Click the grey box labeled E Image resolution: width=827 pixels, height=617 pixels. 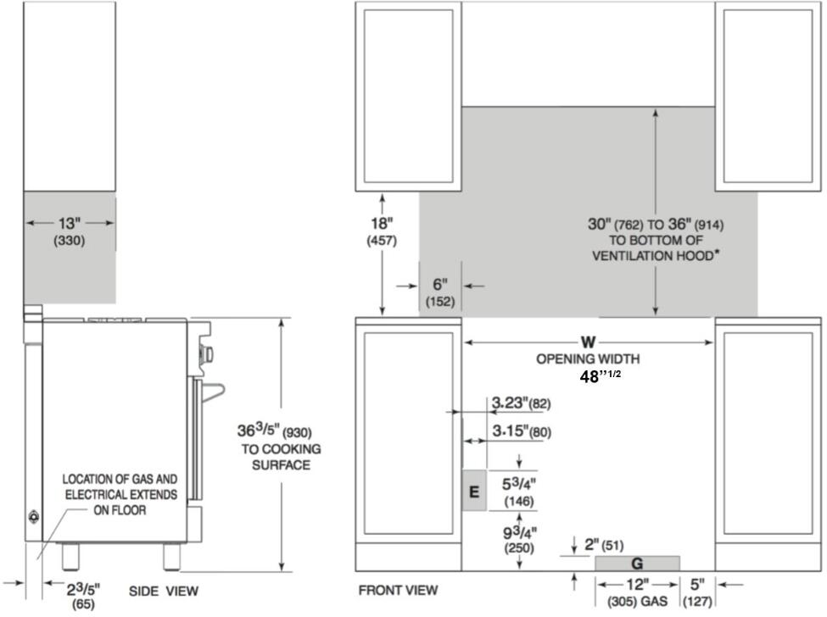[x=474, y=491]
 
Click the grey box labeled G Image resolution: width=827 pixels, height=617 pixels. [x=637, y=564]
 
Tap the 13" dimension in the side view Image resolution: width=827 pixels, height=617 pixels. [x=70, y=224]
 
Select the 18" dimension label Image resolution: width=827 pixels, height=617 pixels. [x=382, y=224]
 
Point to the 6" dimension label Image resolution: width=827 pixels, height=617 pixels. [x=440, y=285]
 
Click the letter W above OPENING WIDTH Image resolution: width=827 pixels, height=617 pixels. [x=588, y=342]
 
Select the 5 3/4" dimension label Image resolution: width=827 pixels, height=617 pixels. [x=519, y=483]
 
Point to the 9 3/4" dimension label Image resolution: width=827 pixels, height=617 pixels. [x=519, y=531]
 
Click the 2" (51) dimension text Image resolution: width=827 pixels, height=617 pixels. [x=604, y=544]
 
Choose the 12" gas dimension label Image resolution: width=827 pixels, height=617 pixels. [x=637, y=584]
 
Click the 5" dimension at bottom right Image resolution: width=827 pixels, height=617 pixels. [x=697, y=584]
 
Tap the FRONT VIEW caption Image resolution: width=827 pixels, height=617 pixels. [x=398, y=590]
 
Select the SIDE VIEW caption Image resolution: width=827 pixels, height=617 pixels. [x=164, y=592]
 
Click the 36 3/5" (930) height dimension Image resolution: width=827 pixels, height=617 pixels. [x=274, y=431]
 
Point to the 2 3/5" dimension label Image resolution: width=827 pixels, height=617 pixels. [x=83, y=589]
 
